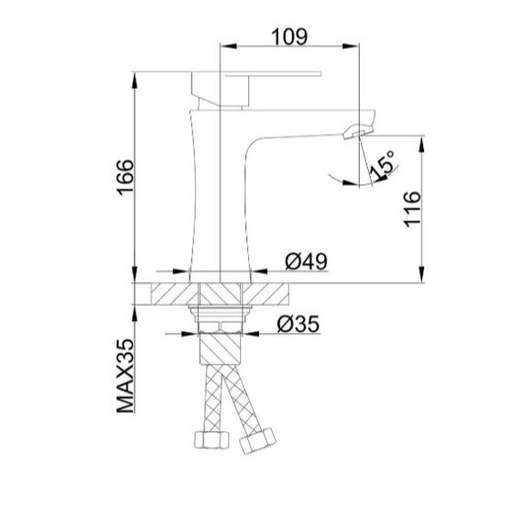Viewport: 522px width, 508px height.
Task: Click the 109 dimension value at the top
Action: (288, 36)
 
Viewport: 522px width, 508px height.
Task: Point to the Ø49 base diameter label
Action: (306, 262)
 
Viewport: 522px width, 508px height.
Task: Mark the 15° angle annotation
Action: (382, 166)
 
